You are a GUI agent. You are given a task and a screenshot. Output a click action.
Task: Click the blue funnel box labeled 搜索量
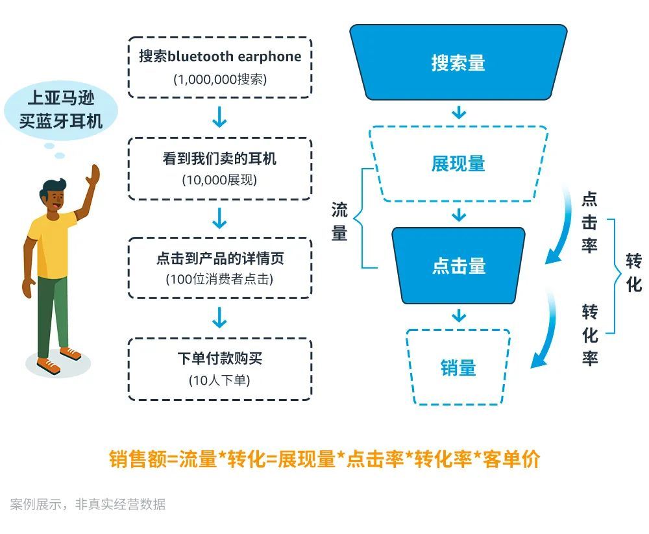pyautogui.click(x=458, y=62)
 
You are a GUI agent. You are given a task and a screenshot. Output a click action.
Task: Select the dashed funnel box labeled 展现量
pyautogui.click(x=458, y=164)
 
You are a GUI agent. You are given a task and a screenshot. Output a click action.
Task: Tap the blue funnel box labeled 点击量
pyautogui.click(x=458, y=265)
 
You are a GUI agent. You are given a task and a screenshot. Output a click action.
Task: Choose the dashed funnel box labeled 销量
pyautogui.click(x=458, y=367)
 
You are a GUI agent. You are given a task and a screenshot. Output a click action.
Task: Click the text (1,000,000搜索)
pyautogui.click(x=220, y=79)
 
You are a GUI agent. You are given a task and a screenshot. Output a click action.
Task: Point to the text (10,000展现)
pyautogui.click(x=219, y=180)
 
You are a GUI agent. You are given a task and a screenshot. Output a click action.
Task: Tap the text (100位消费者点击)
pyautogui.click(x=219, y=279)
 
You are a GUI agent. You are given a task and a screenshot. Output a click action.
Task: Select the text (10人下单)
pyautogui.click(x=219, y=380)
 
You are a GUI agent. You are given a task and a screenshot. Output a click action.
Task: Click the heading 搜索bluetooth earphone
pyautogui.click(x=220, y=56)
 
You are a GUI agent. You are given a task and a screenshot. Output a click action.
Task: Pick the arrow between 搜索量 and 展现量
pyautogui.click(x=459, y=113)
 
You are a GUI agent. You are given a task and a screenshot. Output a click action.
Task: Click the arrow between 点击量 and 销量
pyautogui.click(x=459, y=316)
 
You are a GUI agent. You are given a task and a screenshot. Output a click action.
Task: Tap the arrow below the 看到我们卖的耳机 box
pyautogui.click(x=219, y=218)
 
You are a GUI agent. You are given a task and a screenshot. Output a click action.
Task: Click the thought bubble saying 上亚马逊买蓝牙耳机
pyautogui.click(x=61, y=110)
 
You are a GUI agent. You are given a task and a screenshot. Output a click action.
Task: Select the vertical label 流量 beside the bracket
pyautogui.click(x=339, y=221)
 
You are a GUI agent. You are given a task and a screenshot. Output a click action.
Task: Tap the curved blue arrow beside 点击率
pyautogui.click(x=562, y=227)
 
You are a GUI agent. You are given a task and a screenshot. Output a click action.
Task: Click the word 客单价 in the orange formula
pyautogui.click(x=511, y=459)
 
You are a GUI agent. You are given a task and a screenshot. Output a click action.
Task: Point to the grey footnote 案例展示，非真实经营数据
pyautogui.click(x=88, y=504)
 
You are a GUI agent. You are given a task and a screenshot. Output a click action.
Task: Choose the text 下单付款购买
pyautogui.click(x=220, y=358)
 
